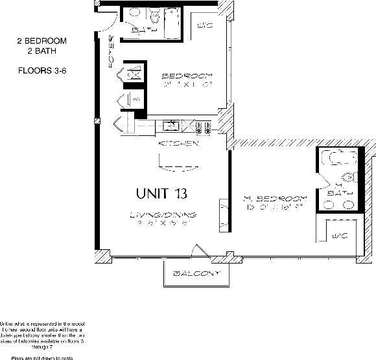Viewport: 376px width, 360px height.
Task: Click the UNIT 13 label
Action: point(163,193)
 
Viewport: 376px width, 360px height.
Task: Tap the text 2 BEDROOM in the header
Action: point(42,41)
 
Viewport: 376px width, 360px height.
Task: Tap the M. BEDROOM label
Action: point(274,198)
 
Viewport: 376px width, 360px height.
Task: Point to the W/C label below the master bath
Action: point(338,234)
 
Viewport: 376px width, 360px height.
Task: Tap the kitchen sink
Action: point(172,126)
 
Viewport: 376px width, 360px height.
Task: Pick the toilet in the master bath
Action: point(347,176)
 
